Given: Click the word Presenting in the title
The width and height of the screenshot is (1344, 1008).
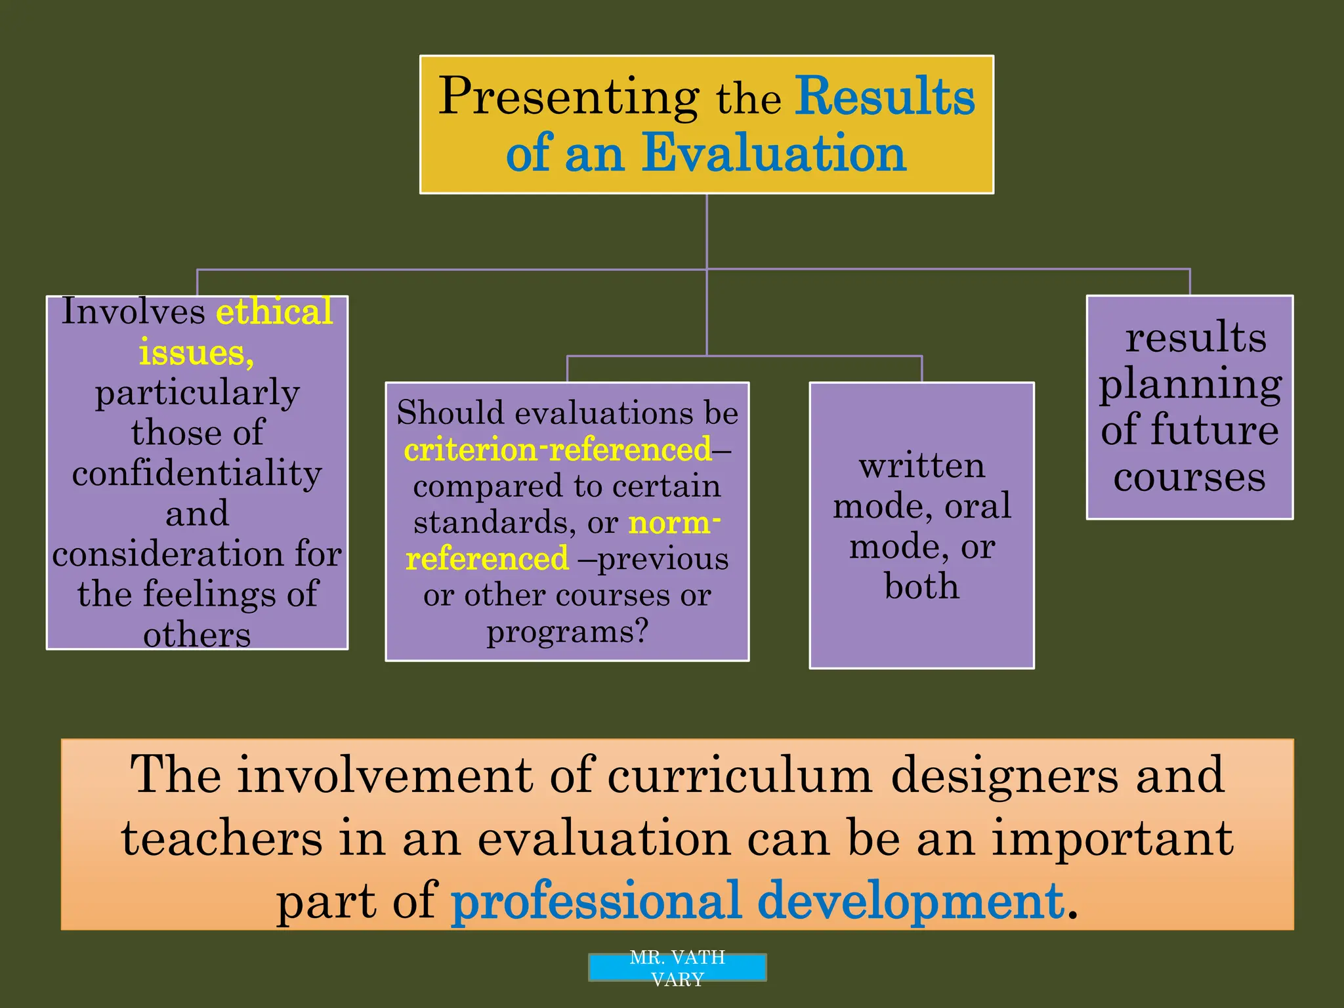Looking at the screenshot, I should (x=568, y=97).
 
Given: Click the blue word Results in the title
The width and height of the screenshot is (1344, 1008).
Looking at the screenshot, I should (x=885, y=96).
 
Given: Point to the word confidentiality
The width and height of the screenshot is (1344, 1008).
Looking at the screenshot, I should (x=197, y=472).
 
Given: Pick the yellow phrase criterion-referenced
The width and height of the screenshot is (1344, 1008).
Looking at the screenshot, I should (x=557, y=450).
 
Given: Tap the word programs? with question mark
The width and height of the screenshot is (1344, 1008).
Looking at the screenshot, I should (x=567, y=631).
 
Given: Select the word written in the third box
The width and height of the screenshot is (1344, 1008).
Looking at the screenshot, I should (x=921, y=466).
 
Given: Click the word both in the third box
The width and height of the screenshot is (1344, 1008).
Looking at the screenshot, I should (x=921, y=585).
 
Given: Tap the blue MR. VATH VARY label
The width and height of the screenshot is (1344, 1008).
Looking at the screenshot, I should (x=677, y=967).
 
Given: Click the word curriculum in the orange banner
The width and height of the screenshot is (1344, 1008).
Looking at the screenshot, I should (x=740, y=775).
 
